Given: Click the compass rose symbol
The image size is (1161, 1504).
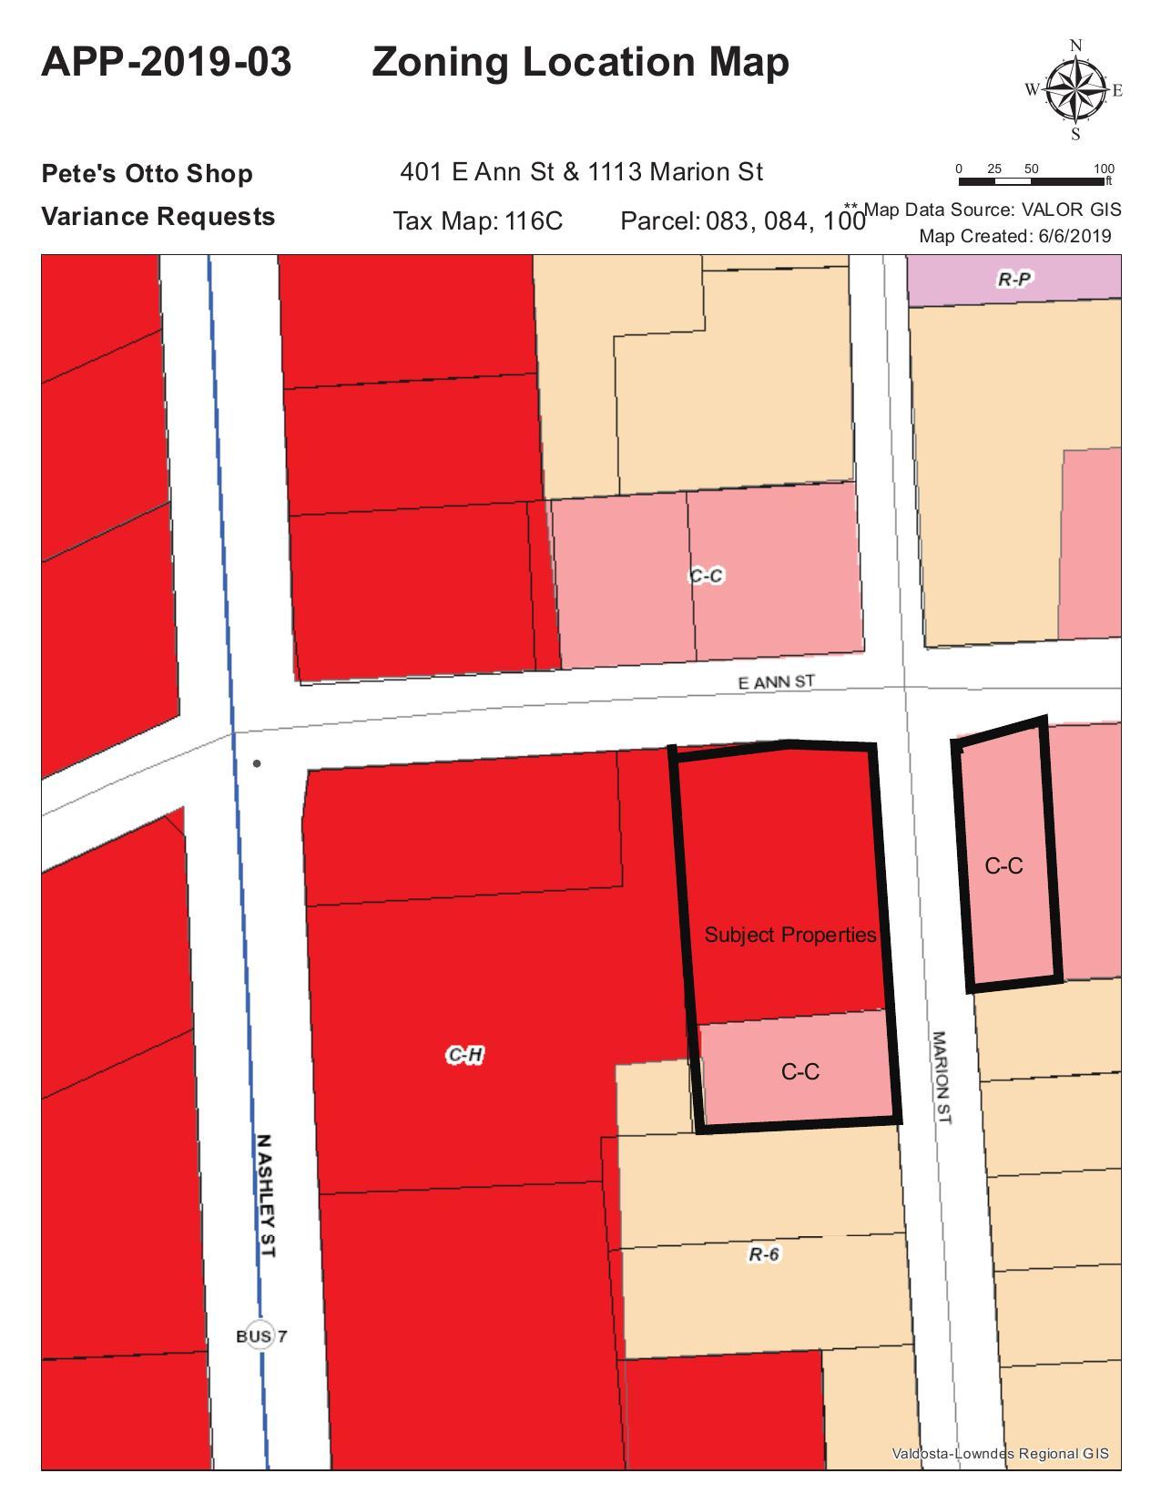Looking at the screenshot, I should (1075, 89).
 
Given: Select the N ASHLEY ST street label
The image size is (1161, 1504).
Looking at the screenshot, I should (266, 1196).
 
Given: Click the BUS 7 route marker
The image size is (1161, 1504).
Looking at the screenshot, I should (260, 1335).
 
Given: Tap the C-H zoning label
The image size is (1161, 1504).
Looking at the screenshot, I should (464, 1055).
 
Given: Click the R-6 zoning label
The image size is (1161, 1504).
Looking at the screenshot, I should (764, 1254).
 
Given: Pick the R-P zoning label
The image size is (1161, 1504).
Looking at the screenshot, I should (1014, 279).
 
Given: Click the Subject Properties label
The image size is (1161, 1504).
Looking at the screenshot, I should (789, 935).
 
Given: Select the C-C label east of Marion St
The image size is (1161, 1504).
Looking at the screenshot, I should (1003, 865).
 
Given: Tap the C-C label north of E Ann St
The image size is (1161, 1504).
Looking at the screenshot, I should (706, 576).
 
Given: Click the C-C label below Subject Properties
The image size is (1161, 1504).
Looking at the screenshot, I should (800, 1071).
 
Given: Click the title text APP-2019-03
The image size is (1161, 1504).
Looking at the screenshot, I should (167, 62).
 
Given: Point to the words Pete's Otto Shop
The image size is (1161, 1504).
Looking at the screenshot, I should (148, 173).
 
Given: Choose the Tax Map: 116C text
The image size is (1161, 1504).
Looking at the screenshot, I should (478, 220).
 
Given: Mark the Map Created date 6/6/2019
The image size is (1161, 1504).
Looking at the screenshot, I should (1074, 236).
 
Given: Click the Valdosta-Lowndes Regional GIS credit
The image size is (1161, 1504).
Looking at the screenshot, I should (1000, 1453).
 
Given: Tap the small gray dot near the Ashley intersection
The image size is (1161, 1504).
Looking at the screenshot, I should (257, 763).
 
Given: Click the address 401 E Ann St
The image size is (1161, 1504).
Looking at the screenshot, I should (479, 171).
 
